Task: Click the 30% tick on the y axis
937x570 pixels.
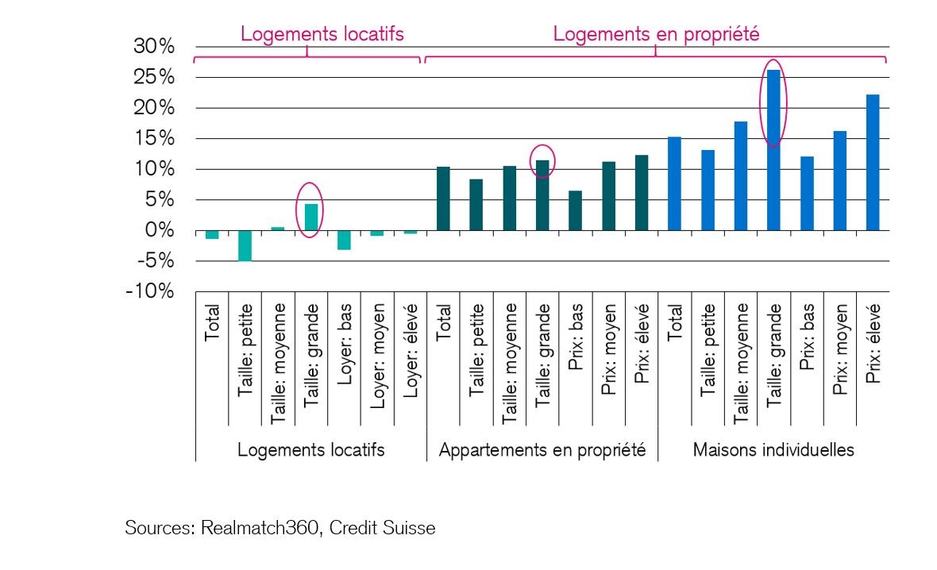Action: click(155, 47)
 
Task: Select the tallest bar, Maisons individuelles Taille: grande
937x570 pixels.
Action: click(773, 150)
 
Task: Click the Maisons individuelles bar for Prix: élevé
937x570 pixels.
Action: click(873, 163)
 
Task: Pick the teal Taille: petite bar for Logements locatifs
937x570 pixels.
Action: click(245, 245)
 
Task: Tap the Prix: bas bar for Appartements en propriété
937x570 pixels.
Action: click(575, 210)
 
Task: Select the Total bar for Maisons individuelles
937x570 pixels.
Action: click(674, 183)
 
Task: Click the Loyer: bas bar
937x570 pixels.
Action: click(344, 240)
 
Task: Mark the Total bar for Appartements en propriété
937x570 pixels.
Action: click(443, 198)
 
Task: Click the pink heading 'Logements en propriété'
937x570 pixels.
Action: click(656, 34)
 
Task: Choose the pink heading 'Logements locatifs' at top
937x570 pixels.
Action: click(322, 34)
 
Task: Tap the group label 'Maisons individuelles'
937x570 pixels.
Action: click(773, 450)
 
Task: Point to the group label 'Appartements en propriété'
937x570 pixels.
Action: click(542, 450)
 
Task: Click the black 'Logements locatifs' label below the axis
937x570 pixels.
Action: click(311, 450)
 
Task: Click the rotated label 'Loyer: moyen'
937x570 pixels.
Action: click(377, 343)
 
